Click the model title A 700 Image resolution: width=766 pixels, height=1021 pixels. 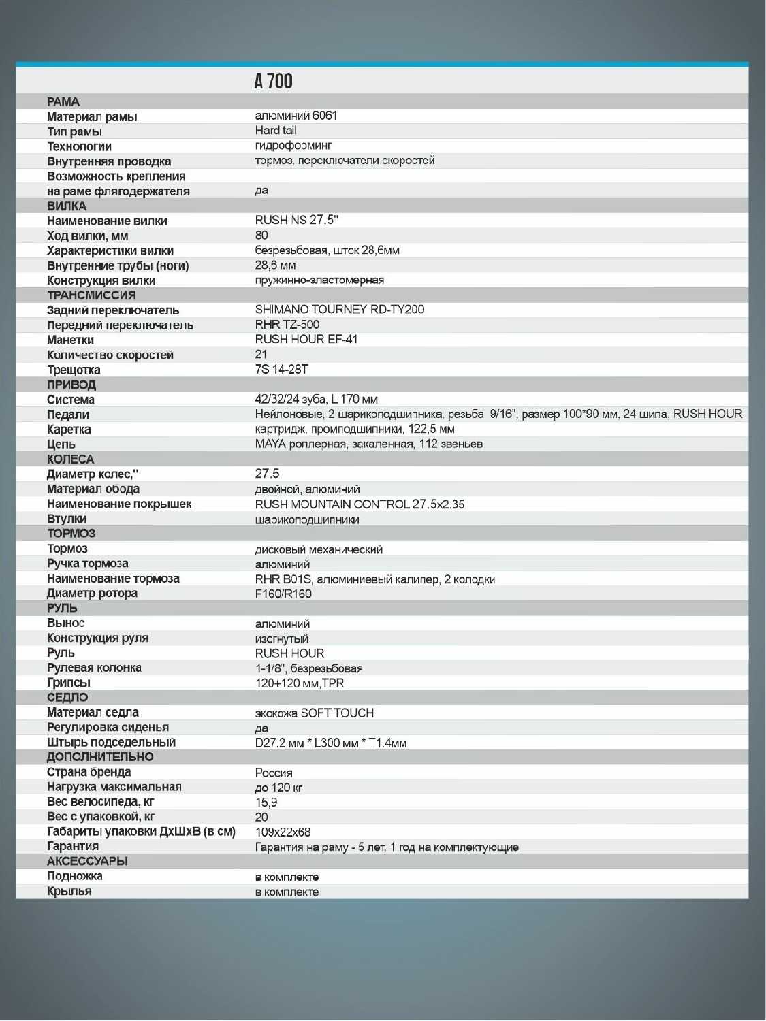tap(273, 81)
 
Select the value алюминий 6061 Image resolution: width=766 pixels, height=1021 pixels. tap(296, 116)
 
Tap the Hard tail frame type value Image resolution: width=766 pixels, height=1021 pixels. tap(276, 130)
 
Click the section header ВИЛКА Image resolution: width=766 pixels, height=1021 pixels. tap(67, 206)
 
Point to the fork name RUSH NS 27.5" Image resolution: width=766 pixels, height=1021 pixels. tap(296, 220)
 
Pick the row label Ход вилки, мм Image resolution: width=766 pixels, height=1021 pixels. tap(87, 236)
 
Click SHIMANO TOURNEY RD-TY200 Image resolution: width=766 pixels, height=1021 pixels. tap(339, 309)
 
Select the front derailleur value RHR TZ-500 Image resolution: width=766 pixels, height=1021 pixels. tap(287, 324)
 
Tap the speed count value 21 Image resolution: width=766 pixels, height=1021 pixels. tap(261, 354)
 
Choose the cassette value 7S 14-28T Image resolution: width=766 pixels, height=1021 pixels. tap(281, 369)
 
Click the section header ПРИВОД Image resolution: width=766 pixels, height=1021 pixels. tap(71, 385)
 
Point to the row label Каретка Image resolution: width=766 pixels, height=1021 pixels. tap(69, 430)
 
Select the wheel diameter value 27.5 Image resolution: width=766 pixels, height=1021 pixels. tap(267, 473)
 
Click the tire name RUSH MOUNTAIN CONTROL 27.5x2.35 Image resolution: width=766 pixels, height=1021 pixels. tap(360, 504)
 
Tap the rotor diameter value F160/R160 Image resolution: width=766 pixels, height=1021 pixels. tap(283, 594)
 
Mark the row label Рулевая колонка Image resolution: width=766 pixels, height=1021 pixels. tap(94, 668)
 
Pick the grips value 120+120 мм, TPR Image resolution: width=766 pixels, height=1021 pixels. tap(299, 683)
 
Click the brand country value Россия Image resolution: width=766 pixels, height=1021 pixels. tap(274, 773)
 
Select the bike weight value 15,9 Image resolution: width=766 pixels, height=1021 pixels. tap(266, 803)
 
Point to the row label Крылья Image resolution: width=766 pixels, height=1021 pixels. tap(69, 891)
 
